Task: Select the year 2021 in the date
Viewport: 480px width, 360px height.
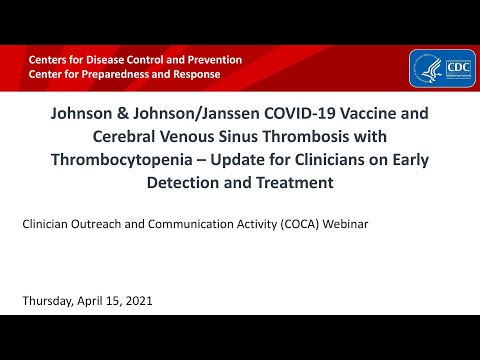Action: [138, 301]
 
